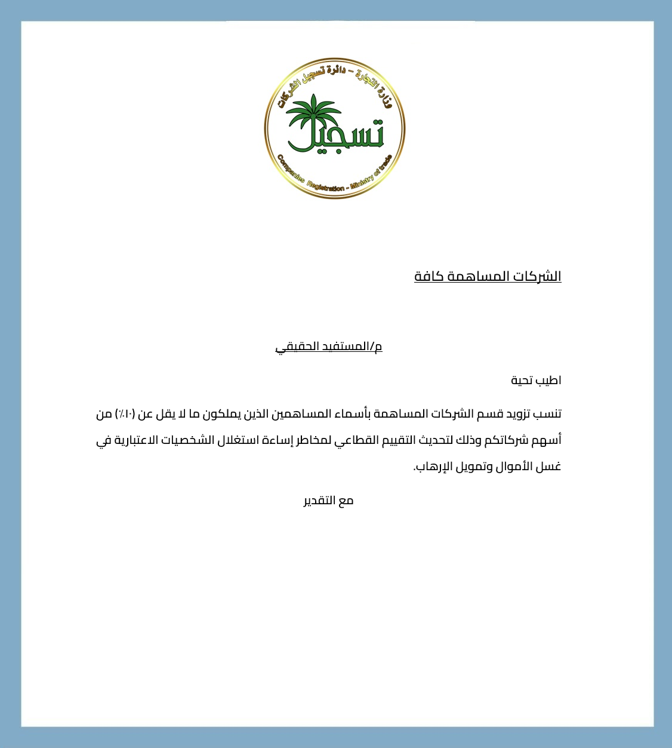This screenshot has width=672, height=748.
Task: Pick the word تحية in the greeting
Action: [522, 381]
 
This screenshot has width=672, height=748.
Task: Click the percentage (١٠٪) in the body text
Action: [125, 414]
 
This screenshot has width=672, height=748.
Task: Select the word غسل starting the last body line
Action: [549, 467]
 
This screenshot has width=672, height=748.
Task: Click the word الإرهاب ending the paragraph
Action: [430, 467]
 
